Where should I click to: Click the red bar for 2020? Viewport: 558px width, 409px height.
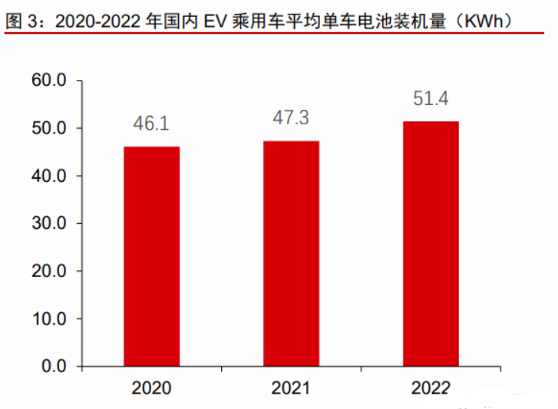pyautogui.click(x=152, y=256)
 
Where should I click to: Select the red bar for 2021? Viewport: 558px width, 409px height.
pyautogui.click(x=291, y=253)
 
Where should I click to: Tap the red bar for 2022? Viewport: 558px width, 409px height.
pyautogui.click(x=431, y=244)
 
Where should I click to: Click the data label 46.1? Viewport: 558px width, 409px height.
pyautogui.click(x=151, y=124)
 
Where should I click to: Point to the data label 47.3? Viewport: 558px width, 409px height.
pyautogui.click(x=291, y=117)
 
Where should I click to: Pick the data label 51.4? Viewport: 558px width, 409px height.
pyautogui.click(x=431, y=98)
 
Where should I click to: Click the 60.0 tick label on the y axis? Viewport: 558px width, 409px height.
pyautogui.click(x=49, y=80)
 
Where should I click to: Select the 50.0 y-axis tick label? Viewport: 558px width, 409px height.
pyautogui.click(x=49, y=128)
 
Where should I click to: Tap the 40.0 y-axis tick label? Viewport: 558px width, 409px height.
pyautogui.click(x=49, y=176)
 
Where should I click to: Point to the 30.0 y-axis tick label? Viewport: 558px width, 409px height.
pyautogui.click(x=49, y=223)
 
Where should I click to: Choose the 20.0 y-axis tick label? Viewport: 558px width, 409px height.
pyautogui.click(x=49, y=271)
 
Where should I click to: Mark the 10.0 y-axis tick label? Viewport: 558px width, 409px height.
pyautogui.click(x=49, y=318)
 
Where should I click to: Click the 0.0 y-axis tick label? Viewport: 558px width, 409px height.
pyautogui.click(x=54, y=366)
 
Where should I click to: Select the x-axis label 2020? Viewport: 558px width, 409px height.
pyautogui.click(x=152, y=388)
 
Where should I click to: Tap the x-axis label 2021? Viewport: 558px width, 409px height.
pyautogui.click(x=291, y=388)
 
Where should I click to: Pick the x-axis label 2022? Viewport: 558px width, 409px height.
pyautogui.click(x=431, y=388)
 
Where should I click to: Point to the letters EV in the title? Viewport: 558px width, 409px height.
pyautogui.click(x=216, y=21)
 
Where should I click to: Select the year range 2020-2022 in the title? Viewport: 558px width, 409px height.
pyautogui.click(x=97, y=21)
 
